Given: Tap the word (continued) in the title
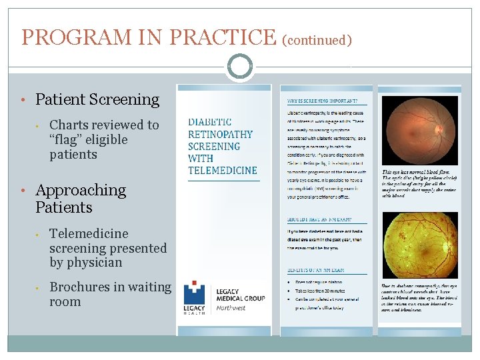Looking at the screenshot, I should pyautogui.click(x=317, y=40).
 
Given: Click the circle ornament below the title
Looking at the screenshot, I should pyautogui.click(x=240, y=67).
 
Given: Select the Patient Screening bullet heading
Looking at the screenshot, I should pyautogui.click(x=97, y=100).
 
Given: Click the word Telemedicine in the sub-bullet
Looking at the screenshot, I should pyautogui.click(x=89, y=233).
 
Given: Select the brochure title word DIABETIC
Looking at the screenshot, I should pyautogui.click(x=210, y=122).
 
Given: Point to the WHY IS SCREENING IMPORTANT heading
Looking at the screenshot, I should pyautogui.click(x=327, y=101).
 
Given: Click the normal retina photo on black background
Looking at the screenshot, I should pyautogui.click(x=420, y=131).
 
